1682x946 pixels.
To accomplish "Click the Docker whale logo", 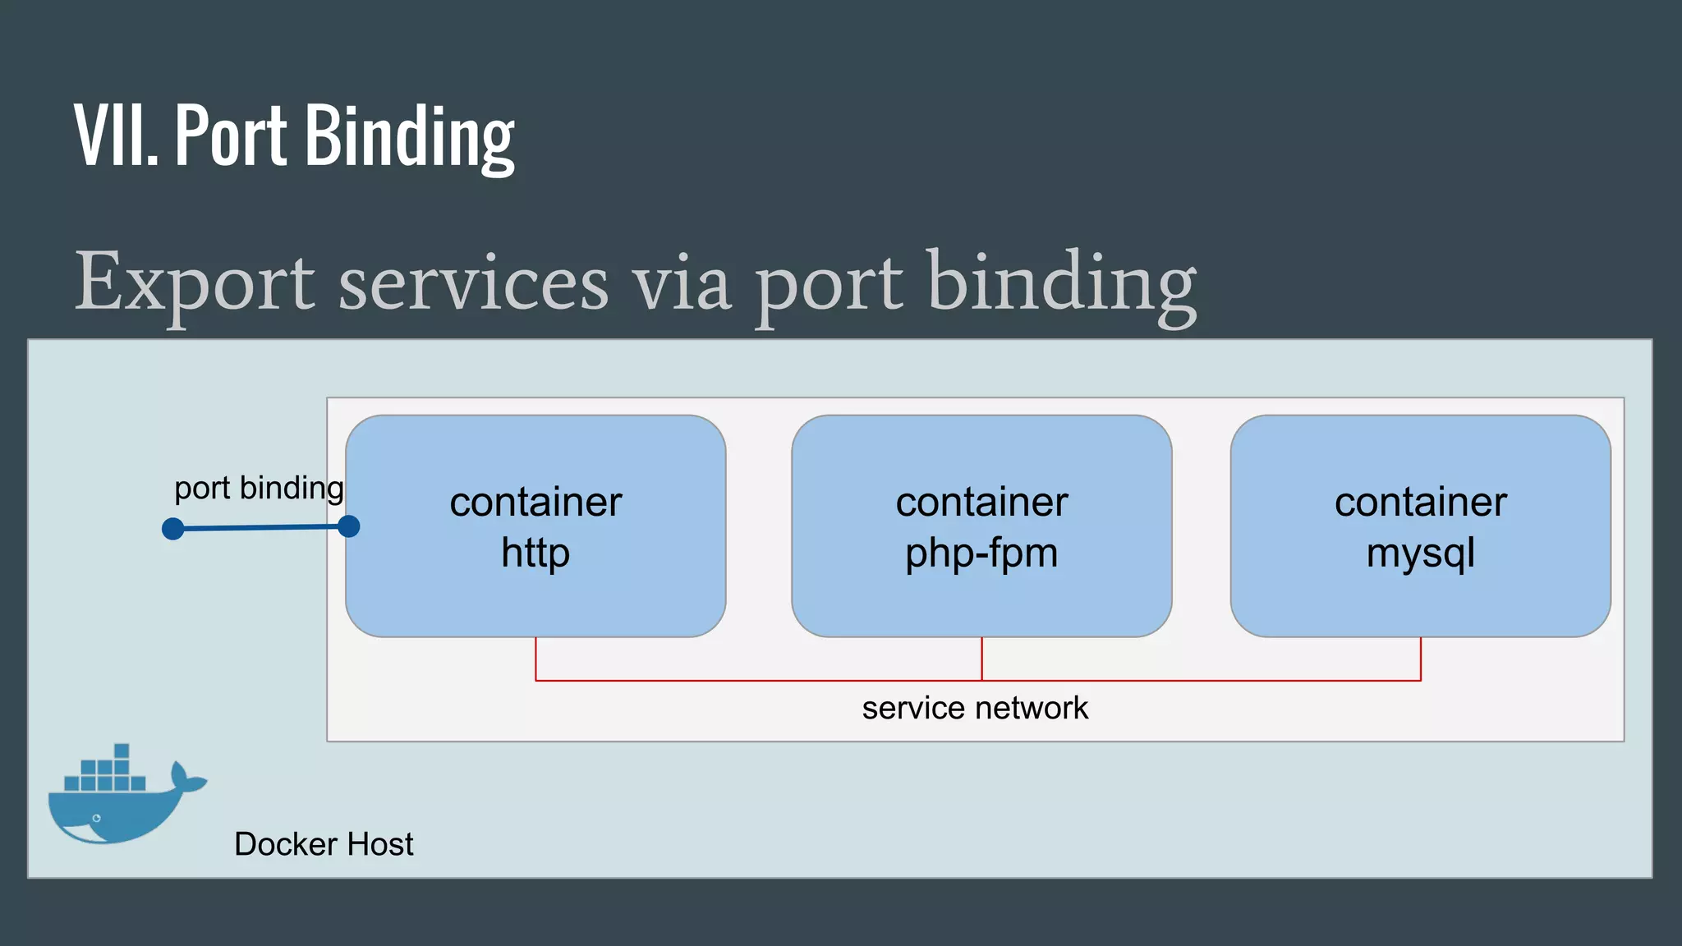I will click(123, 801).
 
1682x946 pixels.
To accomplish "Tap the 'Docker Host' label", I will click(324, 844).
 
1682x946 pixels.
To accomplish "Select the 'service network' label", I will click(975, 708).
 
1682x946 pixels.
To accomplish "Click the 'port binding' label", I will click(259, 488).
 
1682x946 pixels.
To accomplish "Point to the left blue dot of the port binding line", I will click(173, 529).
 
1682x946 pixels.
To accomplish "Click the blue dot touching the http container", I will click(349, 526).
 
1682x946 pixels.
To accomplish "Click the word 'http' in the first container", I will click(535, 553).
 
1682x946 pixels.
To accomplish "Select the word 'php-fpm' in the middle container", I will click(981, 553).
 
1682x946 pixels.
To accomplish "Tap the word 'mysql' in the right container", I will click(1420, 553).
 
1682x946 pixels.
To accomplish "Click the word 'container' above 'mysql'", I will click(1420, 502).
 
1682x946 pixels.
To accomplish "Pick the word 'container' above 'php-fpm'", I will click(981, 502).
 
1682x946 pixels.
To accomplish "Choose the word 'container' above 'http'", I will click(535, 502).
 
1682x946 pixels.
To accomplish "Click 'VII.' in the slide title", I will click(116, 135).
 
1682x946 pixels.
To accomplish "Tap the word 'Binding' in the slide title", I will click(410, 135).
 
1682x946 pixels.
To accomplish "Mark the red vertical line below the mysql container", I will click(1420, 659).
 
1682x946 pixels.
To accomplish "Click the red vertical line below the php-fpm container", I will click(981, 659).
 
